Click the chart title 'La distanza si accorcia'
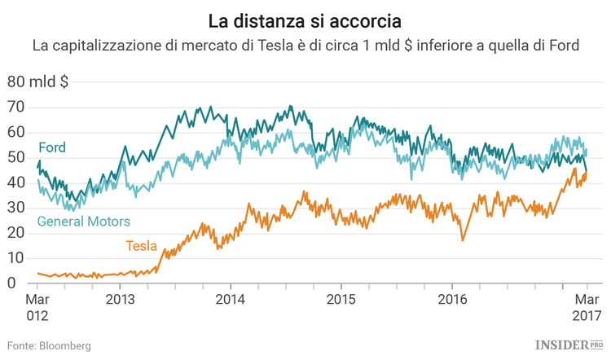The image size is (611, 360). coord(305,18)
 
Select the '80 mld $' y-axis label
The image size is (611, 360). coord(38,82)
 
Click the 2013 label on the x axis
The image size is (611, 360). coord(121,299)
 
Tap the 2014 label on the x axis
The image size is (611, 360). coord(231,299)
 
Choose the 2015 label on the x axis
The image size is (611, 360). coord(341,299)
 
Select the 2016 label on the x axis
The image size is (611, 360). coord(452,299)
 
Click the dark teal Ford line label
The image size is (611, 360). coord(52,147)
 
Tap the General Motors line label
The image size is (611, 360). coord(83,222)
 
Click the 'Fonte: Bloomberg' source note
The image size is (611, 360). coord(50,346)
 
